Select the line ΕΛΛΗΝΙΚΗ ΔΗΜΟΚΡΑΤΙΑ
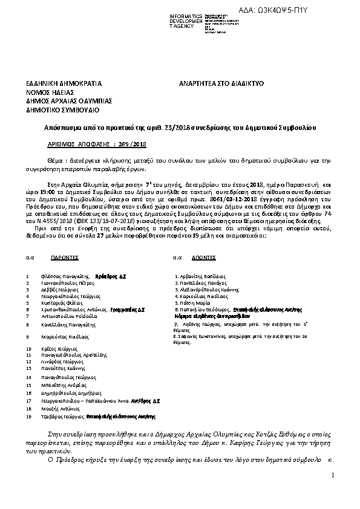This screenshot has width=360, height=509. tap(64, 83)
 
